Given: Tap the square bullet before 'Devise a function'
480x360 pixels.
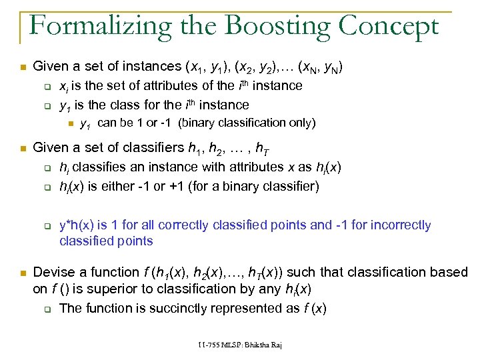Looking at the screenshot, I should point(21,273).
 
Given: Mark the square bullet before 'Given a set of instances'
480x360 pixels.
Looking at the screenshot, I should point(21,67).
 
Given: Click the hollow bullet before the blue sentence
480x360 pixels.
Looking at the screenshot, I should point(47,226).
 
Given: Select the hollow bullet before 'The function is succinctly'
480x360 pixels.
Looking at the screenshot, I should point(47,309).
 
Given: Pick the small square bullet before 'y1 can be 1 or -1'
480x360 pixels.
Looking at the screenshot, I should point(71,123).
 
